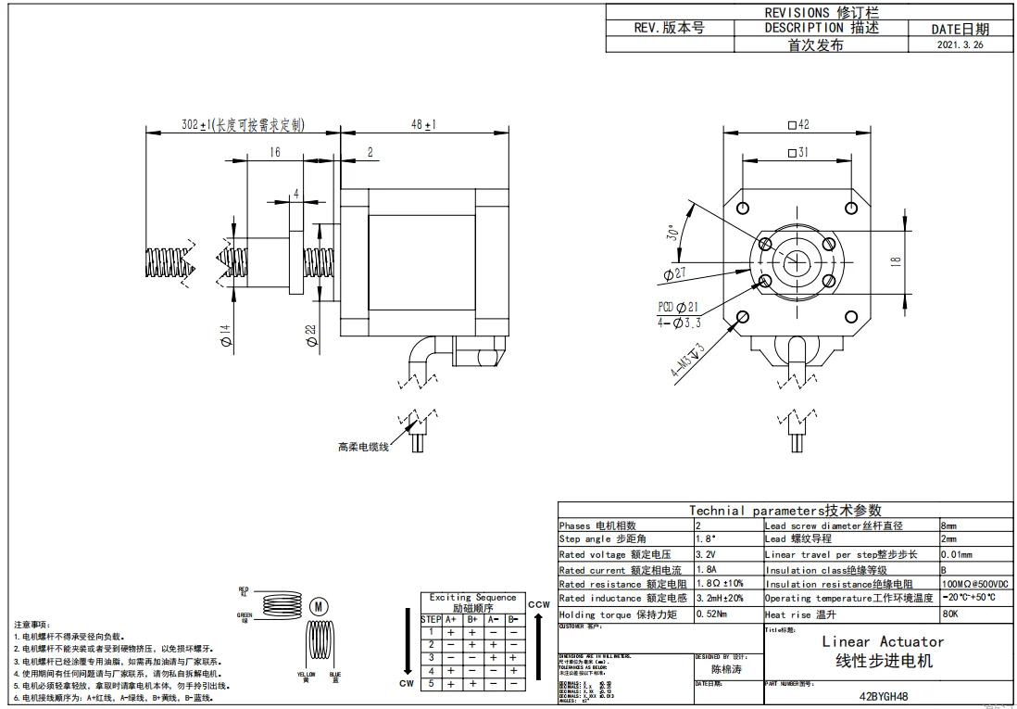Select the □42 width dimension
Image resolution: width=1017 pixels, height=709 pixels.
(797, 125)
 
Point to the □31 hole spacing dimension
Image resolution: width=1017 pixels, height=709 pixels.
(797, 153)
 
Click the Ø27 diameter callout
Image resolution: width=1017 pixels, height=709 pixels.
(674, 273)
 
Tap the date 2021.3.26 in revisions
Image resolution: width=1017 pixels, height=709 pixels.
(960, 44)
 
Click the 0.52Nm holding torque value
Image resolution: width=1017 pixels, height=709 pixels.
(710, 614)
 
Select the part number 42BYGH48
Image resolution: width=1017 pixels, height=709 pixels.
(883, 697)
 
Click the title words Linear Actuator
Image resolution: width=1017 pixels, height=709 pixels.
(883, 641)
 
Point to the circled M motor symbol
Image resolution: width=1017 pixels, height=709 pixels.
(319, 606)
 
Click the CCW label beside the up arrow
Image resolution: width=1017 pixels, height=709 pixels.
(538, 604)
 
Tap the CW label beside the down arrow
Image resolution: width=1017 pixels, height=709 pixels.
(406, 684)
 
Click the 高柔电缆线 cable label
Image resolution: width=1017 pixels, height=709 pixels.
(363, 447)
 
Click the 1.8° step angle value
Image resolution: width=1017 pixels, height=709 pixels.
(705, 538)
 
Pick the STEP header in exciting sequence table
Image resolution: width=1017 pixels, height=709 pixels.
(431, 619)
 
